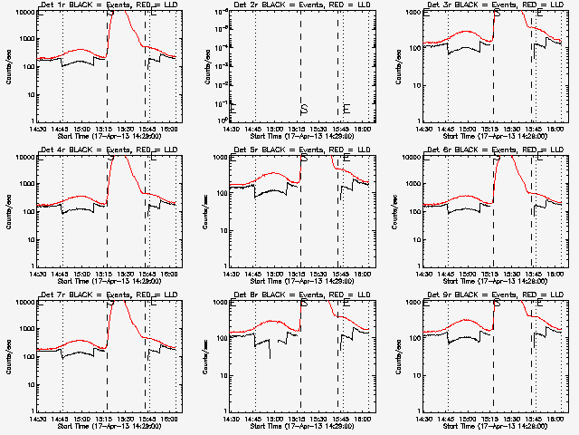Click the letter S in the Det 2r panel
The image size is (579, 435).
(x=304, y=110)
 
